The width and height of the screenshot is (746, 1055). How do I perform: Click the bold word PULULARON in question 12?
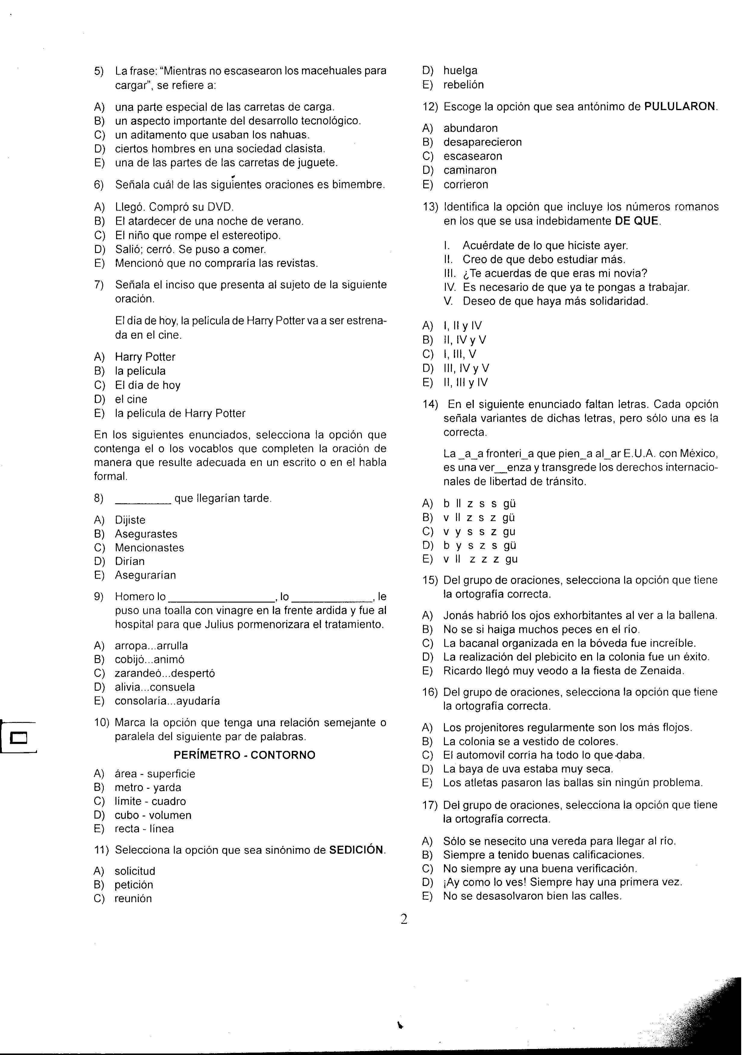tap(679, 106)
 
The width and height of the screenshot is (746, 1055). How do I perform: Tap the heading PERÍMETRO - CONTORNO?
tap(245, 755)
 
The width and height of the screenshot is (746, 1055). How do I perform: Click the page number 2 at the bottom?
tap(404, 919)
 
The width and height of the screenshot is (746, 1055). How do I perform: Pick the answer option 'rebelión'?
tap(463, 85)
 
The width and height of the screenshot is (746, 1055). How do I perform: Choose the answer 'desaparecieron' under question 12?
tap(482, 142)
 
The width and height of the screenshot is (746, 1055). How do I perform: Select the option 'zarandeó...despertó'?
tap(165, 673)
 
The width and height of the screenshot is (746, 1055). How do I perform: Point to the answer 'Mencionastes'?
tap(150, 548)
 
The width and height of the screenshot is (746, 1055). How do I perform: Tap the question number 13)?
tap(430, 207)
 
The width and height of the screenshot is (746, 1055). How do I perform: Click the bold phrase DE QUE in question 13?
tap(637, 221)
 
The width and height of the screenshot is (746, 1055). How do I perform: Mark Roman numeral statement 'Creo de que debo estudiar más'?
tap(544, 260)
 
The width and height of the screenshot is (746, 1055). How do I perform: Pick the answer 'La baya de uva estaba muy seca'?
tap(528, 769)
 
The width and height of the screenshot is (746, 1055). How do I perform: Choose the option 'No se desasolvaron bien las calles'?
tap(532, 896)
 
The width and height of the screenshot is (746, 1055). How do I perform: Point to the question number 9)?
tap(99, 596)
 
